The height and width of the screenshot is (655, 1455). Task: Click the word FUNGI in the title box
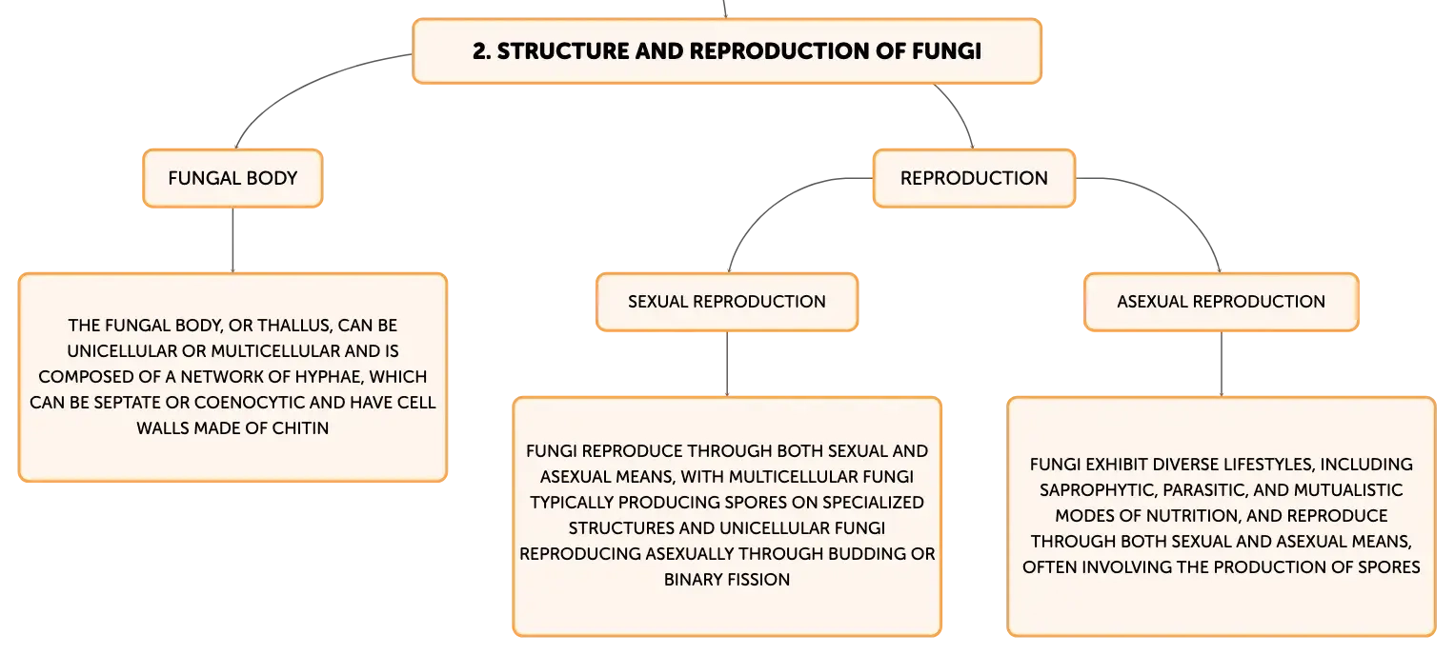point(946,51)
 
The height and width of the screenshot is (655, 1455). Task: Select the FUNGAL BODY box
point(232,179)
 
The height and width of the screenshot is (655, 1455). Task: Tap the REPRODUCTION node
point(974,179)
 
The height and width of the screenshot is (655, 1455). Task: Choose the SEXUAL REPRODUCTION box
point(727,302)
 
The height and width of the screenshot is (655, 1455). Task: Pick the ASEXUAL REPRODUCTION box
point(1222,302)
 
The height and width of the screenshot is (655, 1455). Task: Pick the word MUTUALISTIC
point(1347,490)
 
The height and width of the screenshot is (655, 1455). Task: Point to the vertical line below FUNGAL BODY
point(232,240)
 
